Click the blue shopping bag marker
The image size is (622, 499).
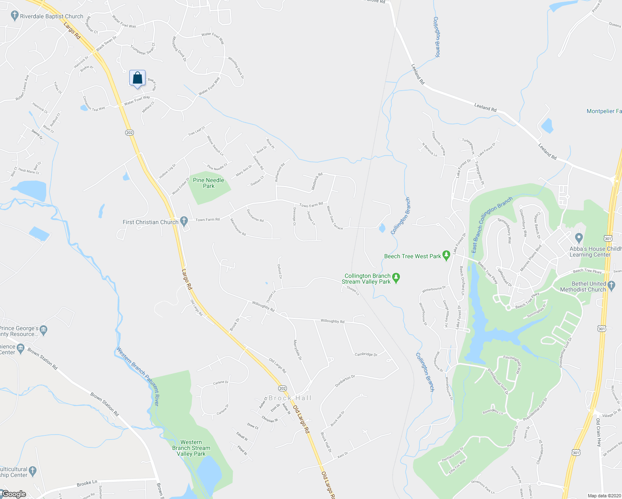pyautogui.click(x=137, y=78)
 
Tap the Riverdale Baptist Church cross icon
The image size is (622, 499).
pyautogui.click(x=15, y=16)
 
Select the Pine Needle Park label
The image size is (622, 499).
pyautogui.click(x=209, y=183)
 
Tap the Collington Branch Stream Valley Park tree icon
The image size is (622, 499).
pyautogui.click(x=396, y=277)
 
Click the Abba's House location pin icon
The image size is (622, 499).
pyautogui.click(x=579, y=238)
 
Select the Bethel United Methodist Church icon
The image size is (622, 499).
pyautogui.click(x=611, y=285)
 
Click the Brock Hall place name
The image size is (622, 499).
pyautogui.click(x=290, y=398)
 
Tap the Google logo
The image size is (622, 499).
pyautogui.click(x=14, y=494)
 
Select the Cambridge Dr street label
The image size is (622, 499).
pyautogui.click(x=366, y=355)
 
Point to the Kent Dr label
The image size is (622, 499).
pyautogui.click(x=342, y=455)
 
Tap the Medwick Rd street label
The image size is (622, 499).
pyautogui.click(x=317, y=182)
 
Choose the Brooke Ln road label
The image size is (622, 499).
pyautogui.click(x=87, y=483)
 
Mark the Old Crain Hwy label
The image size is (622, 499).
pyautogui.click(x=598, y=433)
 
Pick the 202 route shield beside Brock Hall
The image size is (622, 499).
pyautogui.click(x=282, y=388)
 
